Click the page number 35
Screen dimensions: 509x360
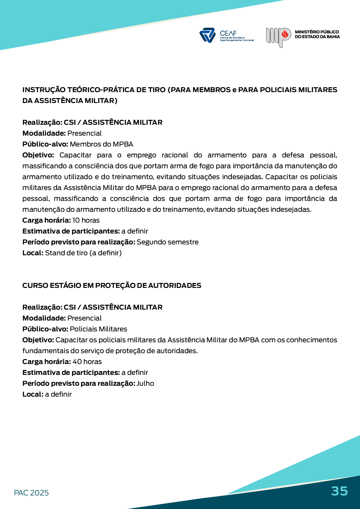tap(339, 491)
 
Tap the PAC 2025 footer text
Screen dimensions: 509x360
tap(31, 493)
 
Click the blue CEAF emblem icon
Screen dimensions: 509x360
tap(207, 35)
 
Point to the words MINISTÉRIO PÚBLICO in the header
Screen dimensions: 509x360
tap(316, 32)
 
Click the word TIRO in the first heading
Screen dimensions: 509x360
tap(157, 90)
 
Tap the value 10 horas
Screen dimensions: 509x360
tap(86, 220)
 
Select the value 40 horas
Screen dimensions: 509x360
tap(87, 362)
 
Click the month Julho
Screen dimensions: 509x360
tap(145, 383)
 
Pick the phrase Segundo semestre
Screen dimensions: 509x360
tap(167, 242)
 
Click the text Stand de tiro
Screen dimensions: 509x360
tap(66, 253)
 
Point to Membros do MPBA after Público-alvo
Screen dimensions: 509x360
tap(101, 144)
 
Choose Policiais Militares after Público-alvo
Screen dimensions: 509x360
tap(98, 329)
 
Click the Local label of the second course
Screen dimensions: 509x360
tap(33, 394)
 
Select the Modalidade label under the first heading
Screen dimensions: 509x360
tap(44, 133)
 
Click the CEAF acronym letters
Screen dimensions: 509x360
tap(228, 33)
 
